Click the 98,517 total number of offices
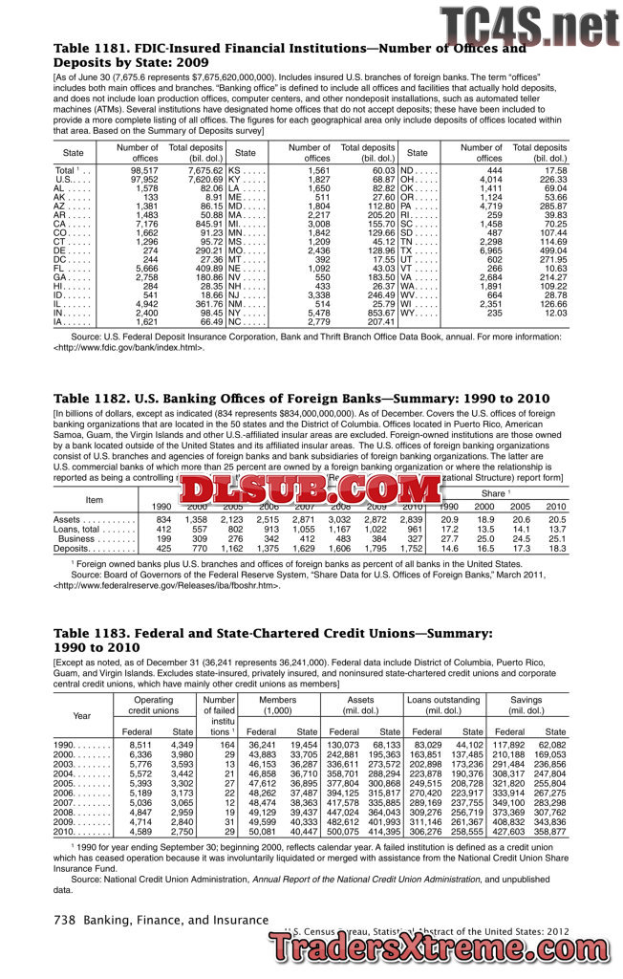(x=143, y=169)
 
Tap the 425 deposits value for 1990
(x=162, y=550)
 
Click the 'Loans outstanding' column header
(x=441, y=704)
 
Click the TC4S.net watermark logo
(x=529, y=24)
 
